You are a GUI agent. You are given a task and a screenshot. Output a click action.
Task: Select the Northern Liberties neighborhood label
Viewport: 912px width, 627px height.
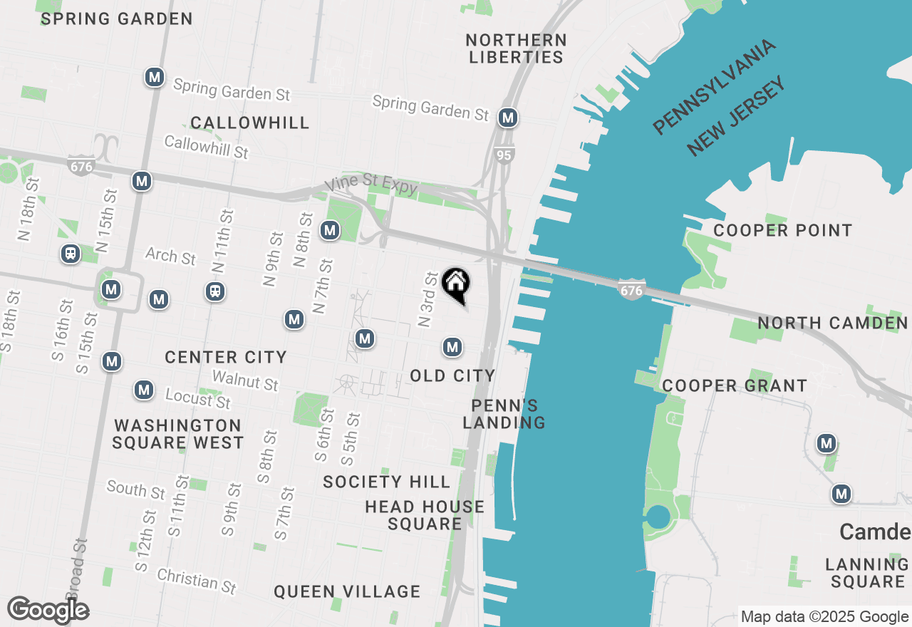pyautogui.click(x=517, y=48)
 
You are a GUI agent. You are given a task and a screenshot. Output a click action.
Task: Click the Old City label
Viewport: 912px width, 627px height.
pyautogui.click(x=452, y=375)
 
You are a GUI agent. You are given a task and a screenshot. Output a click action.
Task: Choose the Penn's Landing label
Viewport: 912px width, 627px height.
pyautogui.click(x=504, y=414)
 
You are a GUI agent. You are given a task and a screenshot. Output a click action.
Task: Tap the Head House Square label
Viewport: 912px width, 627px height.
pyautogui.click(x=425, y=515)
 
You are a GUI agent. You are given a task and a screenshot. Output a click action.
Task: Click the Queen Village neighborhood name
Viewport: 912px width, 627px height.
pyautogui.click(x=347, y=591)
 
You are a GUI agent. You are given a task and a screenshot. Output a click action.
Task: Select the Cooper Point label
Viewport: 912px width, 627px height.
pyautogui.click(x=782, y=230)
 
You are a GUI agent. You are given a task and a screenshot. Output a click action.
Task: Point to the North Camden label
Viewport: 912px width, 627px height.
pyautogui.click(x=832, y=323)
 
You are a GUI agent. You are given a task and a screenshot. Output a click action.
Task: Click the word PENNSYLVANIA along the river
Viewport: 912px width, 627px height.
pyautogui.click(x=714, y=87)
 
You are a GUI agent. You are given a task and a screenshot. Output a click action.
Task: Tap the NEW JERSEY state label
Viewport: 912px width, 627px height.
pyautogui.click(x=737, y=115)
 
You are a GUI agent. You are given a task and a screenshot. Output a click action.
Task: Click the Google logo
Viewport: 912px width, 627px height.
pyautogui.click(x=48, y=610)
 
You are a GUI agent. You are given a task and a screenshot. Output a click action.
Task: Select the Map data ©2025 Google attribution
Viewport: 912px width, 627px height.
pyautogui.click(x=824, y=616)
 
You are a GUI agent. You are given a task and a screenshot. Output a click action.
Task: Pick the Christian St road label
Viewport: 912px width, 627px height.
pyautogui.click(x=196, y=580)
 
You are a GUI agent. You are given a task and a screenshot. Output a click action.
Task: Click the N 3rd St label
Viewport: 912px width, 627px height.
pyautogui.click(x=427, y=299)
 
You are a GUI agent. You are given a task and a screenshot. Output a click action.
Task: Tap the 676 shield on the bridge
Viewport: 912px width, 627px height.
pyautogui.click(x=631, y=290)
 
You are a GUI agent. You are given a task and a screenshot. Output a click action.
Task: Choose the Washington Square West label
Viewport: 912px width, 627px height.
pyautogui.click(x=178, y=434)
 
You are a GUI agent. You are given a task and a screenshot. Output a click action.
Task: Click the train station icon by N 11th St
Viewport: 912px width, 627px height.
pyautogui.click(x=214, y=291)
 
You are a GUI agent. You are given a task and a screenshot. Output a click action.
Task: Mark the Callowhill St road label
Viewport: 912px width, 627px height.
pyautogui.click(x=206, y=147)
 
